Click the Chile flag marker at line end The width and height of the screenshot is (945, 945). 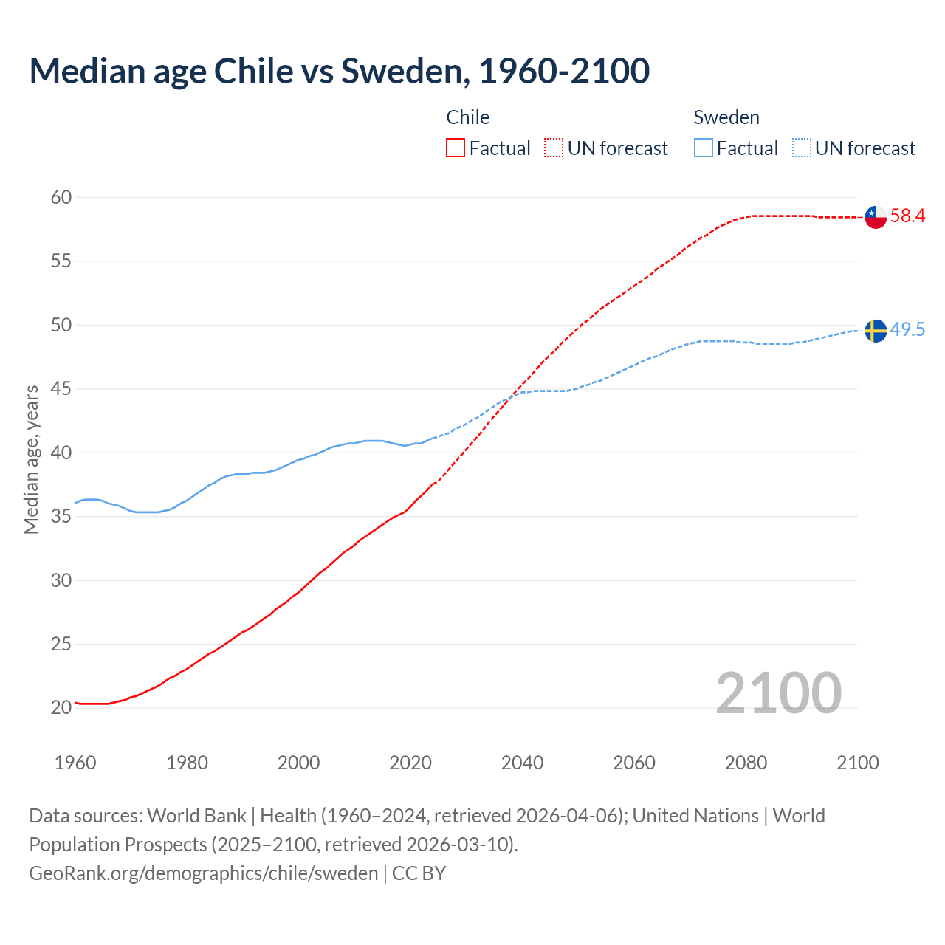[x=876, y=217]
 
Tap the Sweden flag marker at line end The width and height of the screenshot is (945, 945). [x=876, y=331]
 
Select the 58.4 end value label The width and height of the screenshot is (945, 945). [x=907, y=216]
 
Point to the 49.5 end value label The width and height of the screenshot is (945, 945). [x=907, y=329]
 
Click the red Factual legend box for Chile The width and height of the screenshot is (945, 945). [x=456, y=148]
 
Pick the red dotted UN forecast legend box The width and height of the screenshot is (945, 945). [x=554, y=148]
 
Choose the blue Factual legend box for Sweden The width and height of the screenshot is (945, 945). [x=704, y=148]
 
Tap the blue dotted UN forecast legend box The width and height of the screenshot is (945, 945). [x=802, y=148]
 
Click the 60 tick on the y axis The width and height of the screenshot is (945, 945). [x=61, y=197]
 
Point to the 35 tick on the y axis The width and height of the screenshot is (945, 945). [x=61, y=516]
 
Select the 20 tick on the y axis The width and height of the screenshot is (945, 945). [x=61, y=707]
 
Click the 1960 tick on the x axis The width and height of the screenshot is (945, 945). [x=75, y=763]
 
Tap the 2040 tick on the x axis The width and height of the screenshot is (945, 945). [x=522, y=763]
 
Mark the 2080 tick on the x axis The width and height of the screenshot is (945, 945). [x=746, y=763]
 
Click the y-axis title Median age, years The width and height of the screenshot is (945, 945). [x=31, y=459]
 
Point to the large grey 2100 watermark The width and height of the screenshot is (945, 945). [x=779, y=693]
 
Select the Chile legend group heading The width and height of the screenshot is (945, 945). [x=468, y=117]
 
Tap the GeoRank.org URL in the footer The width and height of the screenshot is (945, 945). [x=203, y=873]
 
